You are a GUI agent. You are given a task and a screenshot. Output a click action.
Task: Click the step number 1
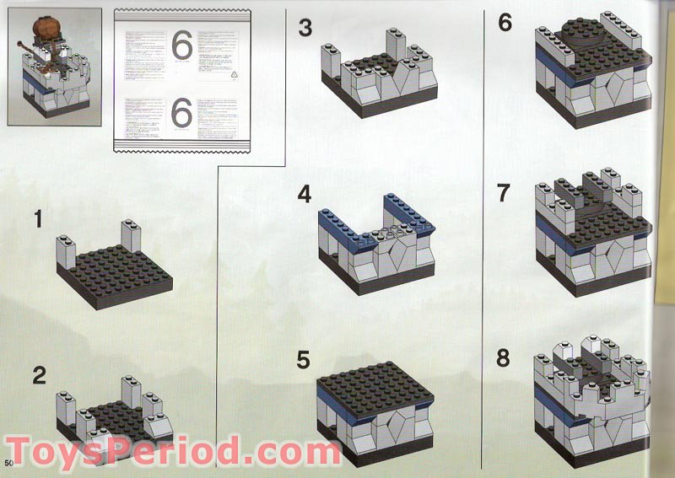tap(37, 220)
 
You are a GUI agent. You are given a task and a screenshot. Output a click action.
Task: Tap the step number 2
tap(39, 374)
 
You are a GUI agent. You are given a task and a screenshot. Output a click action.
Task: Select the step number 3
tap(305, 28)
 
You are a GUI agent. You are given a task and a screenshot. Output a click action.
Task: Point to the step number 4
tap(305, 194)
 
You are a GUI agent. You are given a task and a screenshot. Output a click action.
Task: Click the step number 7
tap(504, 193)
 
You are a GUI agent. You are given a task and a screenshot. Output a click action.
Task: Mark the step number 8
tap(504, 358)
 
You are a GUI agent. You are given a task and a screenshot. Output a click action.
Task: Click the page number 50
tap(9, 464)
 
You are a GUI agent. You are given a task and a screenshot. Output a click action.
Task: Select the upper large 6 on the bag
tap(181, 45)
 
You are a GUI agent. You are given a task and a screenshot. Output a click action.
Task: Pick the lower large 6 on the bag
tap(181, 113)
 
